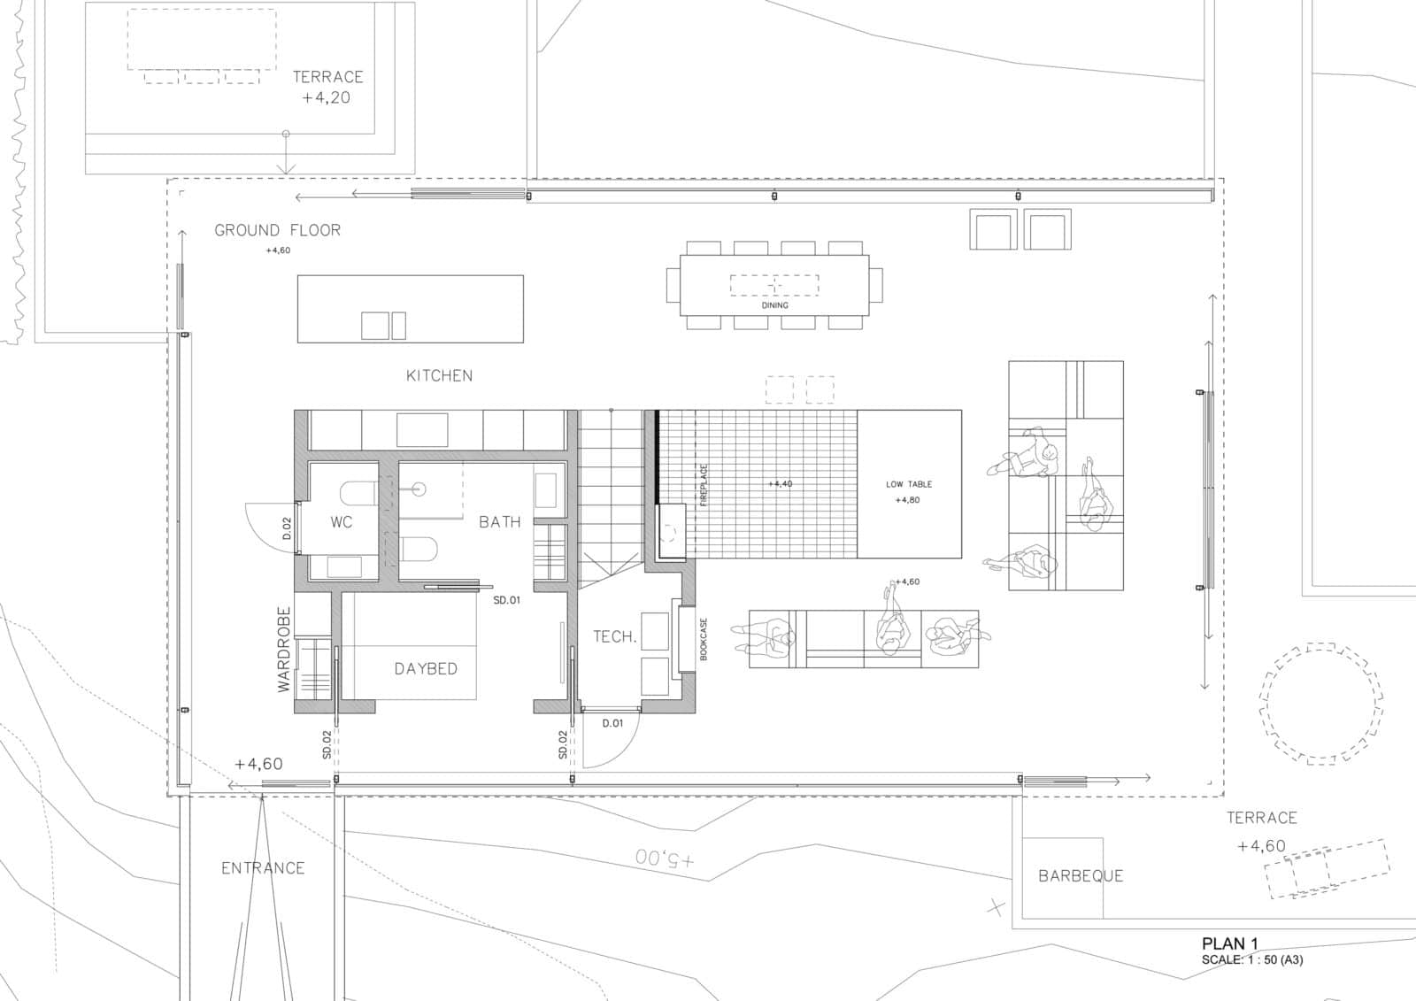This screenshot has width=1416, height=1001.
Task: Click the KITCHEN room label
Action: [439, 375]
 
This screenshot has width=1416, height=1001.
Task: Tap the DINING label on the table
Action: [774, 305]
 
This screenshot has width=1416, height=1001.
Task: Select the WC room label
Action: [342, 522]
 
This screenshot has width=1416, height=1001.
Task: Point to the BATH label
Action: [499, 522]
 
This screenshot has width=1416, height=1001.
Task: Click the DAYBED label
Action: [426, 669]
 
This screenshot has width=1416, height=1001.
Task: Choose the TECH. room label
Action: [614, 636]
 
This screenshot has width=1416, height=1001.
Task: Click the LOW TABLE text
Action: [909, 484]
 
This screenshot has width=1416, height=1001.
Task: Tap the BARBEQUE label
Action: [1080, 876]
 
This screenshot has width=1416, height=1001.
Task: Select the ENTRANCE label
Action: [263, 868]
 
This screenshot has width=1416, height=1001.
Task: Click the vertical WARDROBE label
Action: [284, 649]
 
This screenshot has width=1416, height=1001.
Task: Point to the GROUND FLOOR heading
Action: [277, 230]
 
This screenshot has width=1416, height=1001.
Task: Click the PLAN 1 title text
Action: [1229, 944]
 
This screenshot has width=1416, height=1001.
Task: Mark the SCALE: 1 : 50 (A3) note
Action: [1251, 959]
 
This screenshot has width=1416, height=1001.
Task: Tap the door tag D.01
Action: [612, 723]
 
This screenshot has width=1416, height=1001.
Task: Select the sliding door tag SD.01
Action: [507, 600]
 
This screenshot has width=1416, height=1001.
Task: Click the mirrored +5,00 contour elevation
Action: [666, 859]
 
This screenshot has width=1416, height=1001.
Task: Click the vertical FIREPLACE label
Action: [704, 484]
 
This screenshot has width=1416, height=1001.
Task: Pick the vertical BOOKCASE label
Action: [704, 639]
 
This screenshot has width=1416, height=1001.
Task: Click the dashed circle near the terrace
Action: [1319, 704]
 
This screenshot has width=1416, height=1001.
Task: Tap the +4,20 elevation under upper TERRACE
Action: [326, 98]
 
